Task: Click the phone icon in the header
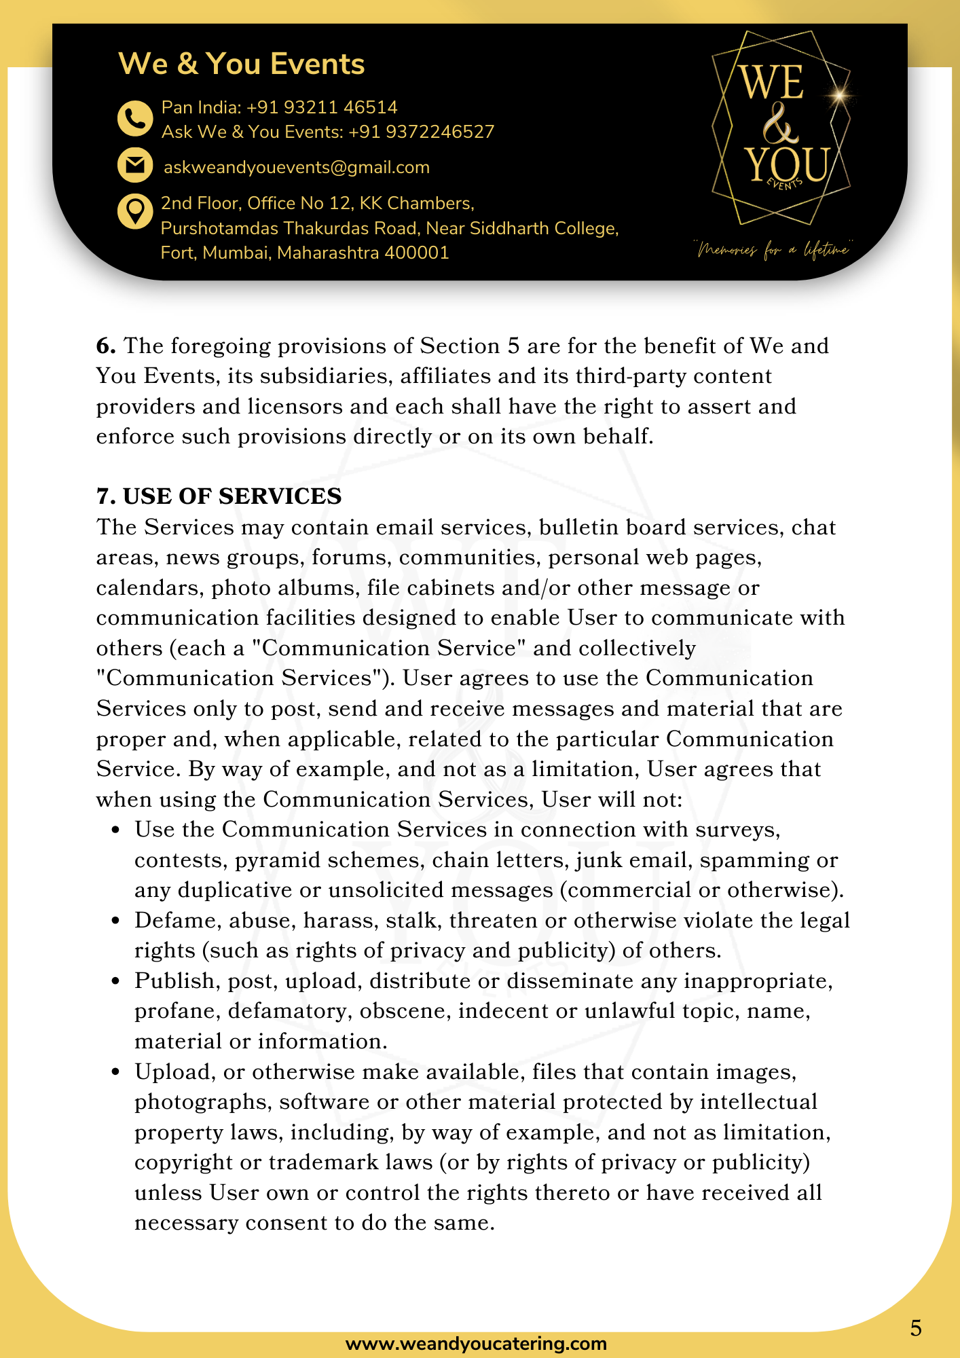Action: pos(135,119)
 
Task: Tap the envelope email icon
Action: pos(135,165)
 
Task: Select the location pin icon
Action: pos(135,211)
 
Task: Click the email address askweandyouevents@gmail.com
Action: pos(297,168)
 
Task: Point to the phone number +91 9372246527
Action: pos(421,132)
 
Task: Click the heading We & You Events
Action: pos(242,64)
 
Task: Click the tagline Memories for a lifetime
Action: pos(773,251)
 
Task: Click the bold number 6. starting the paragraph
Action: pos(106,346)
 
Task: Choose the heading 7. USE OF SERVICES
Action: pos(219,496)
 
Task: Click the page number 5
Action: pos(916,1328)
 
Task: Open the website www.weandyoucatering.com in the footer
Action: pos(476,1344)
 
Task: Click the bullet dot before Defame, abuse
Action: pos(116,921)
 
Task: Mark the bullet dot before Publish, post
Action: pos(116,981)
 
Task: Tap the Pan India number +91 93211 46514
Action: pos(322,107)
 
